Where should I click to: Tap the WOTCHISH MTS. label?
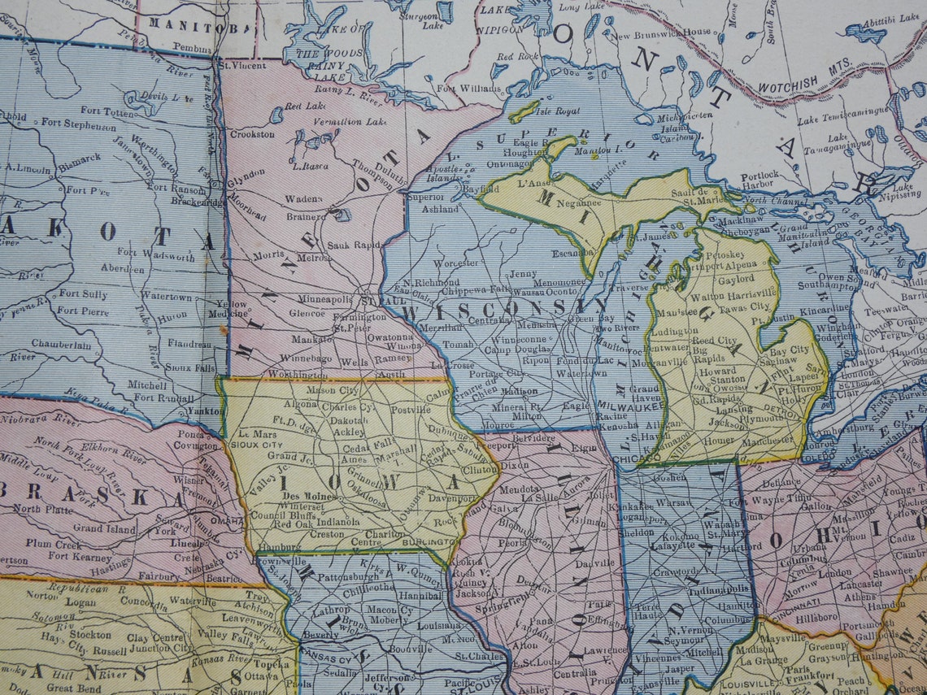(x=804, y=75)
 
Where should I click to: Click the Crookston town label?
(x=252, y=134)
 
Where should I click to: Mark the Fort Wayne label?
(x=763, y=502)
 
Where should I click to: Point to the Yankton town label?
(x=202, y=411)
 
